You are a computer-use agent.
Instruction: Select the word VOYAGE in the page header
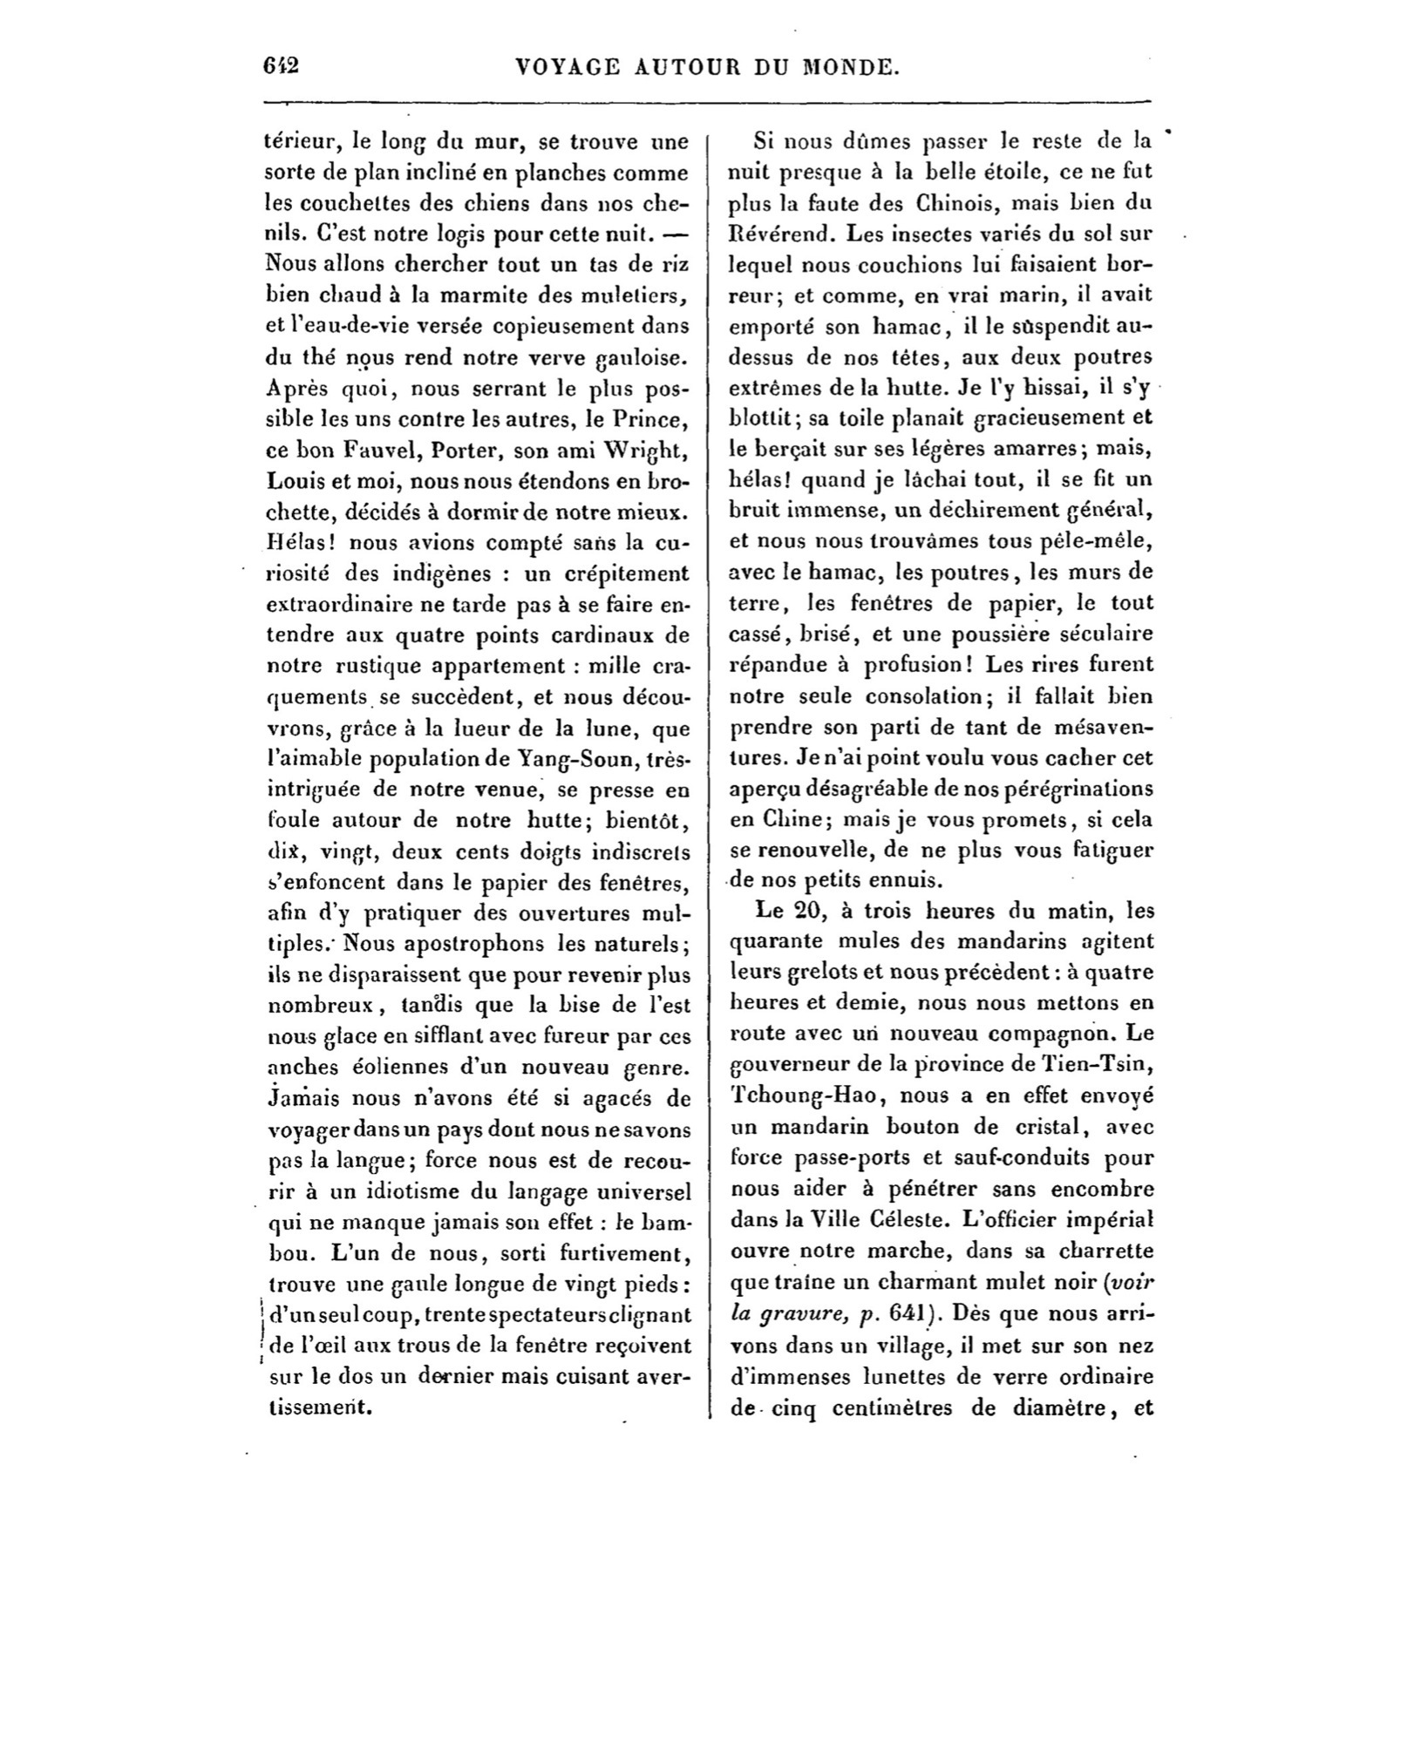[x=568, y=67]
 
